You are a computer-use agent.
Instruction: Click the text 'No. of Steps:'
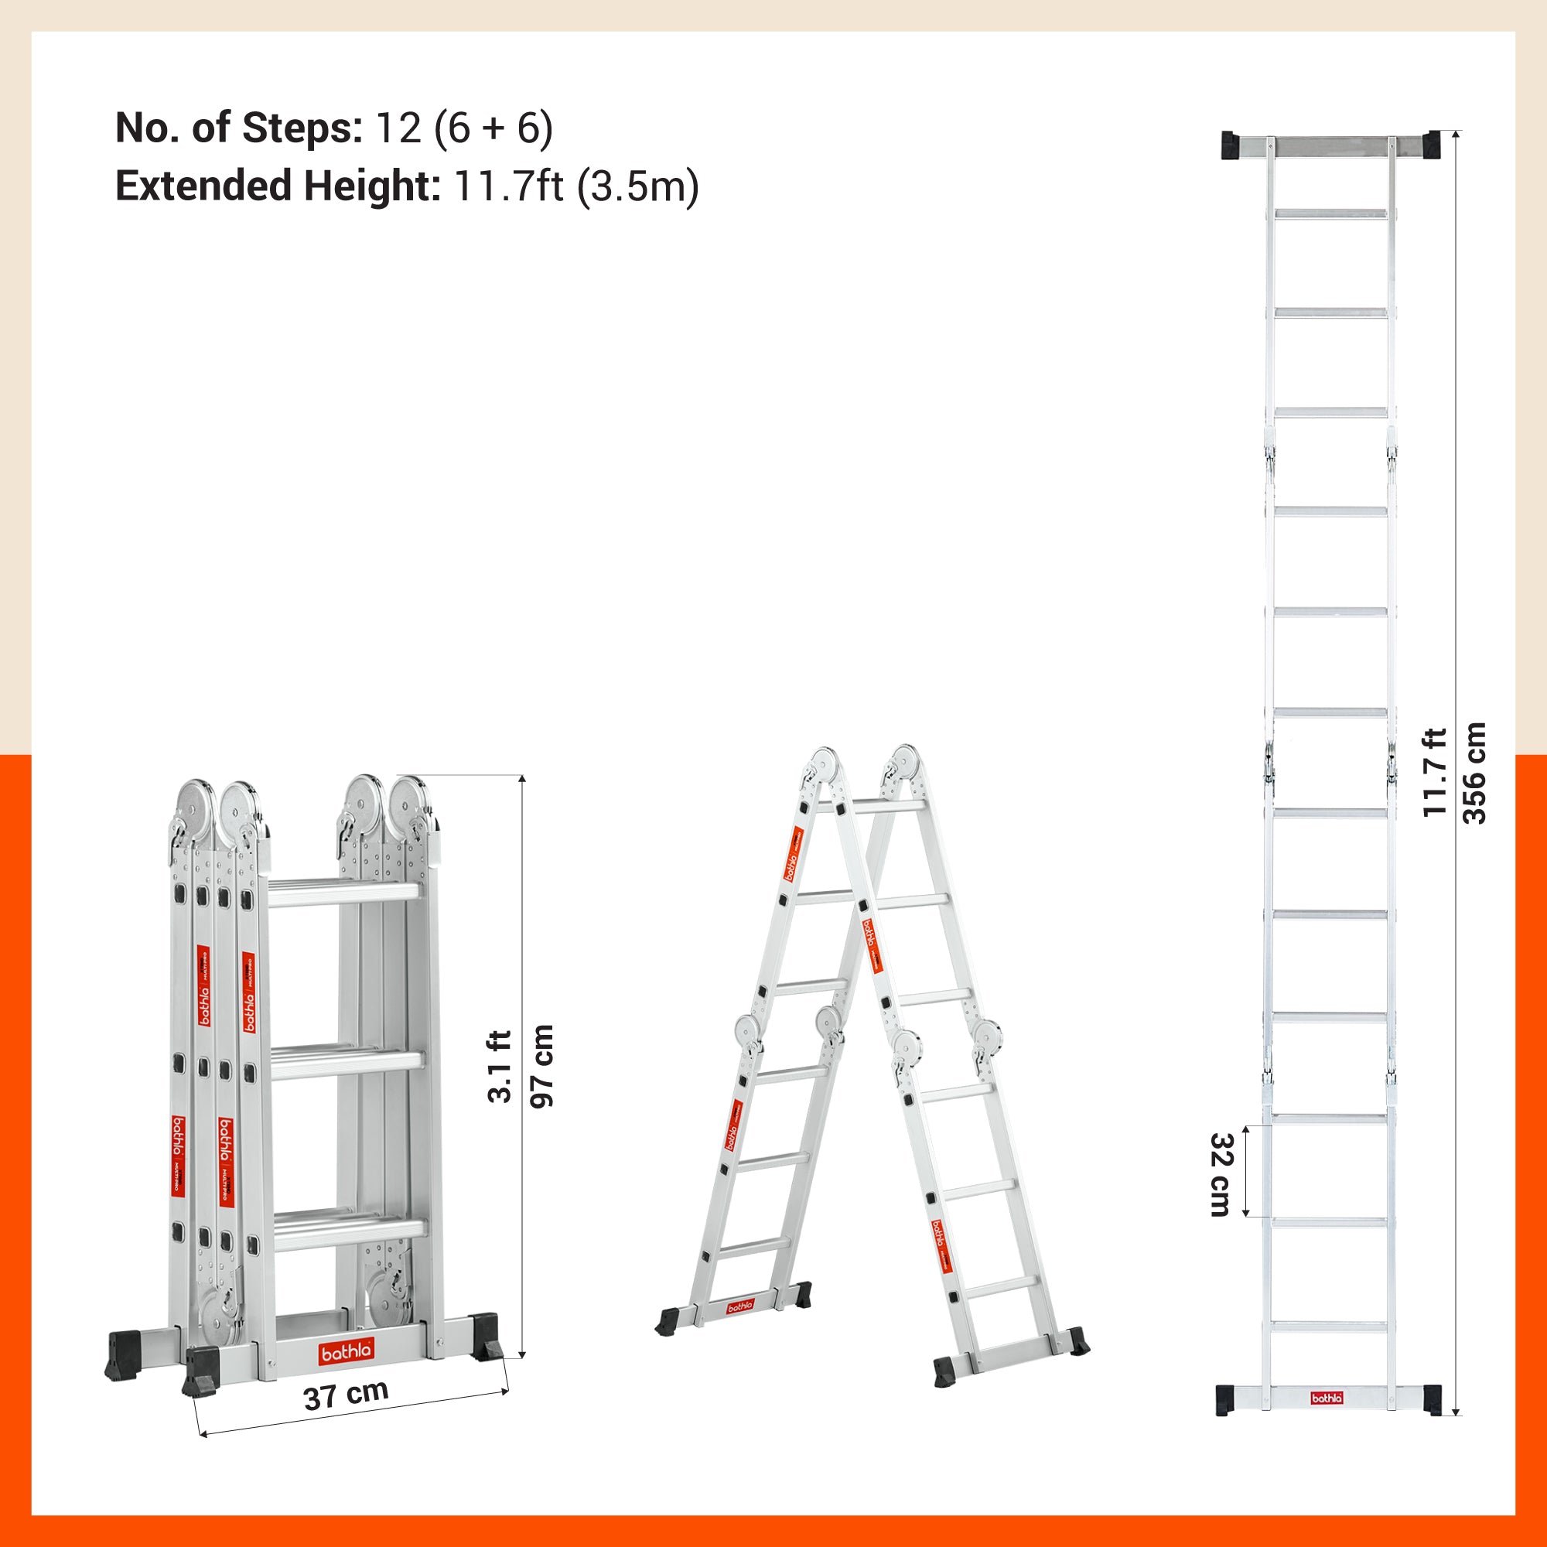coord(238,128)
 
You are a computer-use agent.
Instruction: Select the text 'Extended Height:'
coord(278,186)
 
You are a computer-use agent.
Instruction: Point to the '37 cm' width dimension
coord(346,1395)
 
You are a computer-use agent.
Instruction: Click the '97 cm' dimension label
coord(542,1066)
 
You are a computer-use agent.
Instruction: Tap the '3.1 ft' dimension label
coord(500,1067)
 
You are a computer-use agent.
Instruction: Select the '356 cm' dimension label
coord(1474,773)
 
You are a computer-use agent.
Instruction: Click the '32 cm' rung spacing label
coord(1221,1175)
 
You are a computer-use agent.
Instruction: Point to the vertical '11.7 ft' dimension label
coord(1434,773)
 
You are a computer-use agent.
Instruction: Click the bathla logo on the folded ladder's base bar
coord(346,1352)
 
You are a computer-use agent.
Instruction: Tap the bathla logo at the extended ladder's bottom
coord(1327,1419)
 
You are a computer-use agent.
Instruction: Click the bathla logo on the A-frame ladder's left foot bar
coord(740,1306)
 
